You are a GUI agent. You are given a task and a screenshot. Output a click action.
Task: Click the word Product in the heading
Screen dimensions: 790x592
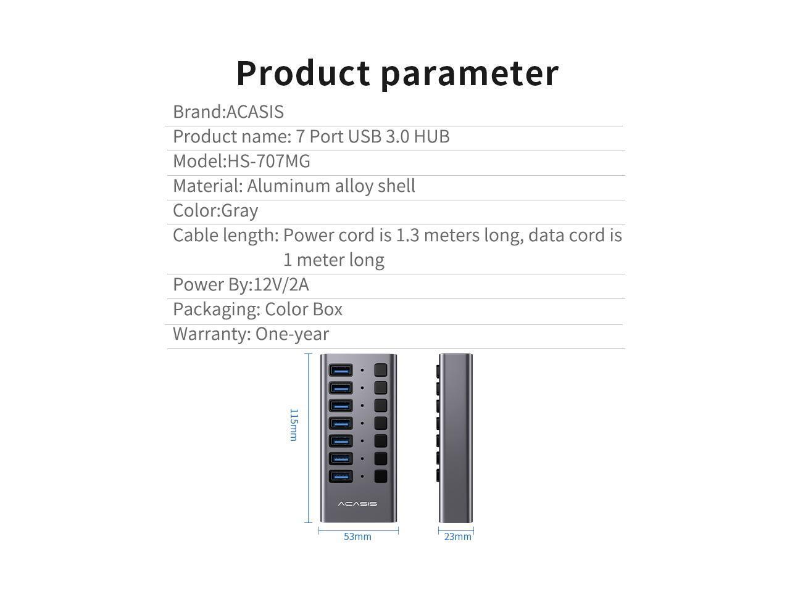tap(302, 73)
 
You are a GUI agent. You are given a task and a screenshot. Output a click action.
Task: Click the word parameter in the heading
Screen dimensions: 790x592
tap(469, 73)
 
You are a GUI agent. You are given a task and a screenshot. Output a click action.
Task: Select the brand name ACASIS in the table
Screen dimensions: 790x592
tap(255, 112)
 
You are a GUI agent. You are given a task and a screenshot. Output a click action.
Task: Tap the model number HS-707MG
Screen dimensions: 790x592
tap(269, 161)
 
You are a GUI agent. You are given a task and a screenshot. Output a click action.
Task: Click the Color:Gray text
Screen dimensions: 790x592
tap(215, 210)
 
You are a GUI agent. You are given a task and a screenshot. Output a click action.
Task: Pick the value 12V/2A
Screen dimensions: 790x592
tap(281, 284)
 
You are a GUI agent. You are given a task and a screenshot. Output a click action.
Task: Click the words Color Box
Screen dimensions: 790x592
tap(304, 309)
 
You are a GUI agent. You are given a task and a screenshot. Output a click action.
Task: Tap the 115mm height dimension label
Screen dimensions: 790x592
tap(294, 424)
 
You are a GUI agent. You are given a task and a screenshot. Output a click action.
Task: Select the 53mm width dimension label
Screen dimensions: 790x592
tap(357, 536)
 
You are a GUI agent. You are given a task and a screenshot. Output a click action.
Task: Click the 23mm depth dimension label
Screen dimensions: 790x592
tap(457, 536)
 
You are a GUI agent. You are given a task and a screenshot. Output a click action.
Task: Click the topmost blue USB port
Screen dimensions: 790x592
tap(341, 371)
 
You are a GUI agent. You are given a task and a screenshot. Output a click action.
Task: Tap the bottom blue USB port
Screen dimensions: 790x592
tap(341, 476)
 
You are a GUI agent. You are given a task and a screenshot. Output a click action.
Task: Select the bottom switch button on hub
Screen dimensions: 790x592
tap(380, 476)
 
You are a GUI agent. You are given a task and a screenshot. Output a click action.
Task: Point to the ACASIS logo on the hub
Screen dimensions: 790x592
tap(357, 504)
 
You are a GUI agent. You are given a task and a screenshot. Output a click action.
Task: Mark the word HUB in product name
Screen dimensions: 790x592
tap(431, 136)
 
